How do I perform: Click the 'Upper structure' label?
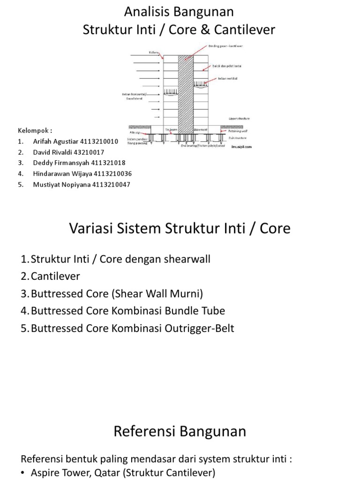[239, 119]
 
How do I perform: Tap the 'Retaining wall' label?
[239, 132]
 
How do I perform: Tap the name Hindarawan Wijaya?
[61, 173]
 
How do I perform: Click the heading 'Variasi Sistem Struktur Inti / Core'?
[180, 228]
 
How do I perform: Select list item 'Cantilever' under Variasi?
[55, 276]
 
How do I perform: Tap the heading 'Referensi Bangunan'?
[180, 431]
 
